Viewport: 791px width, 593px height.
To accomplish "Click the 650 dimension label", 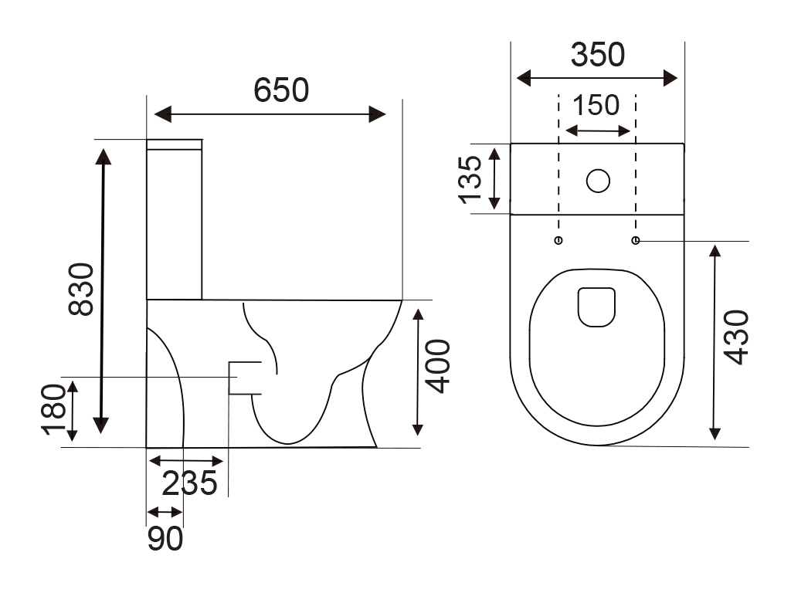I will (281, 90).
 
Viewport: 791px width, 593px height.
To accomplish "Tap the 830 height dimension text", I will (80, 290).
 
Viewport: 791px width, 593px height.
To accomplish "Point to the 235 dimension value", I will (189, 484).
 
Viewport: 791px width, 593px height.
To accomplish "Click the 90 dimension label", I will (165, 539).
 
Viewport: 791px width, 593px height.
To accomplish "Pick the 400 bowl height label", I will (438, 365).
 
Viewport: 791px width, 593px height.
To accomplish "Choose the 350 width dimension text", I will (597, 55).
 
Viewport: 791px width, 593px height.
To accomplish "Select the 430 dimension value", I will (738, 337).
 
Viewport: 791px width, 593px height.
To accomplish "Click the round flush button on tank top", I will (598, 180).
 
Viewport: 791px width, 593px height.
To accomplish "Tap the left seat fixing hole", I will (558, 240).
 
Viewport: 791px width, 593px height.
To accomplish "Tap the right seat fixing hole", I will (636, 240).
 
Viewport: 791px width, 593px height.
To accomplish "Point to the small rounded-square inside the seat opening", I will (596, 307).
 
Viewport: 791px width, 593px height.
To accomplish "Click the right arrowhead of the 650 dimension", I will (378, 114).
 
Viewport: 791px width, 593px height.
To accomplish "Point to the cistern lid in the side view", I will (175, 144).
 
